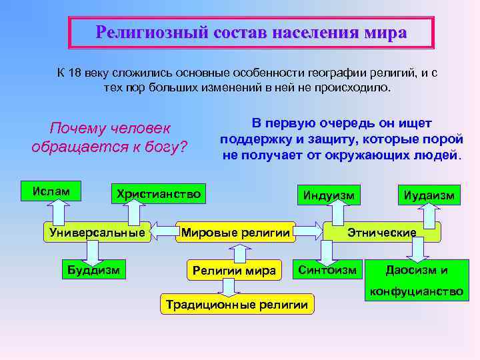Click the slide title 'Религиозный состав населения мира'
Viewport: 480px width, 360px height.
251,32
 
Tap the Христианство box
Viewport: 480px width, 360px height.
158,193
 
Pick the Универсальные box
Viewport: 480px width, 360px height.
97,232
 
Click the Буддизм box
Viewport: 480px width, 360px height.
93,270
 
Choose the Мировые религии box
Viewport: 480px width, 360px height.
235,232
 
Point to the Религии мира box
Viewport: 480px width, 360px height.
233,270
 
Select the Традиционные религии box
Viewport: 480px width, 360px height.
237,305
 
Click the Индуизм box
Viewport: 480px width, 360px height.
329,195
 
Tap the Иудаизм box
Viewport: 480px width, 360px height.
429,195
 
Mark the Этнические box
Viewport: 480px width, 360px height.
382,232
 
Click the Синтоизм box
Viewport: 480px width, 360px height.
327,269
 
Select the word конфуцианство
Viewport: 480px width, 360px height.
417,291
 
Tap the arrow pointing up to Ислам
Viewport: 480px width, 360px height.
57,211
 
